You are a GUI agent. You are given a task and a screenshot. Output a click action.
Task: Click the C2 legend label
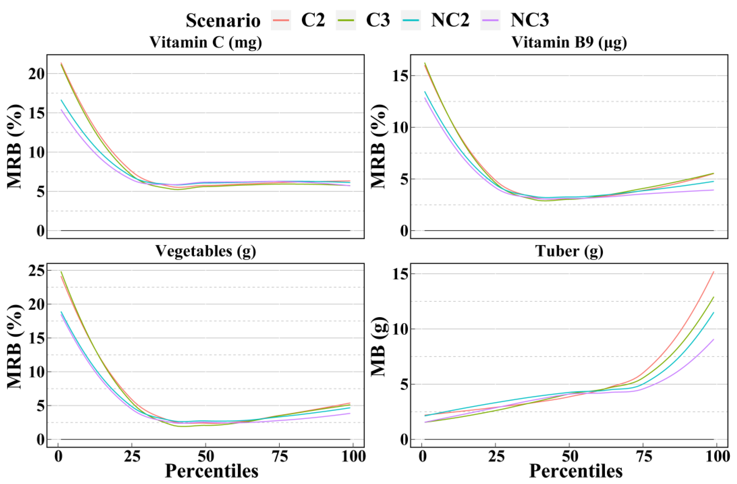click(x=313, y=20)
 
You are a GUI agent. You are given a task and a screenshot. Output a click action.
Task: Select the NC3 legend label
click(x=530, y=20)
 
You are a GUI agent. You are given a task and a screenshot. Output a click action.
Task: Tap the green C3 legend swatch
click(x=346, y=20)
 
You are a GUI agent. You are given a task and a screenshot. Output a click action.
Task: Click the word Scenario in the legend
click(x=223, y=21)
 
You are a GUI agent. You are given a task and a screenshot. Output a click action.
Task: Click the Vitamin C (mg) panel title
click(x=206, y=42)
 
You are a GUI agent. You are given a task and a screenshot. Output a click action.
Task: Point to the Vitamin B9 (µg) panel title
click(x=569, y=42)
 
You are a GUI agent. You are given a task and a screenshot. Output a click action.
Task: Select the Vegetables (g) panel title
click(x=206, y=251)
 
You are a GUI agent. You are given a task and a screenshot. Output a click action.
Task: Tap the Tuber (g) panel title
click(x=569, y=251)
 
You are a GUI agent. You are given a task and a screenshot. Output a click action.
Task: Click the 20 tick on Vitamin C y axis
click(x=37, y=74)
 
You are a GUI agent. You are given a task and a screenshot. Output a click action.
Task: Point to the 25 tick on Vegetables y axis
click(x=37, y=271)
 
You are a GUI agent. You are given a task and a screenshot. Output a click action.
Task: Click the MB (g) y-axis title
click(x=378, y=346)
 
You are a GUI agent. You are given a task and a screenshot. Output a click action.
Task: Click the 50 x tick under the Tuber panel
click(x=570, y=456)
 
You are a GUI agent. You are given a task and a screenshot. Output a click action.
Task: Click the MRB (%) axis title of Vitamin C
click(x=15, y=146)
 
